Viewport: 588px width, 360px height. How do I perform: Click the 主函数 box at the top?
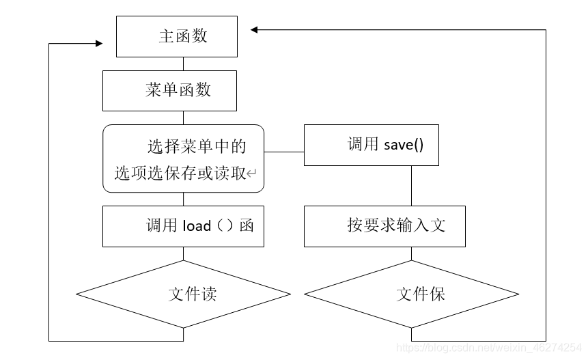pyautogui.click(x=177, y=37)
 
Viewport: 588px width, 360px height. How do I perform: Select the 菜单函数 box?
pyautogui.click(x=169, y=91)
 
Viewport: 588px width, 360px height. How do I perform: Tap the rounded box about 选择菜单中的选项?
pyautogui.click(x=183, y=158)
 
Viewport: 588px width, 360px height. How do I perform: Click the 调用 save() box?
pyautogui.click(x=371, y=145)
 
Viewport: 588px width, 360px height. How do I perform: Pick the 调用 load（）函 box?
pyautogui.click(x=183, y=226)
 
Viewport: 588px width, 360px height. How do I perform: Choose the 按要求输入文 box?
pyautogui.click(x=384, y=226)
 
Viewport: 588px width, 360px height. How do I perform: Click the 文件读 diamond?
pyautogui.click(x=183, y=294)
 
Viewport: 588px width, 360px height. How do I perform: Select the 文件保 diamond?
pyautogui.click(x=411, y=294)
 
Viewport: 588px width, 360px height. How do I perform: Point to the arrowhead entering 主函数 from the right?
pyautogui.click(x=254, y=29)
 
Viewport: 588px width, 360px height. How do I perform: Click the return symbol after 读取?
pyautogui.click(x=252, y=174)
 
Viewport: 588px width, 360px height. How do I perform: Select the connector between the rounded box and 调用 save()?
pyautogui.click(x=284, y=152)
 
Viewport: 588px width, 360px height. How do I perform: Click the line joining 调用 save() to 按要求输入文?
pyautogui.click(x=411, y=185)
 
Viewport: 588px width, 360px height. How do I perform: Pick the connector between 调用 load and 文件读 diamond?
pyautogui.click(x=183, y=253)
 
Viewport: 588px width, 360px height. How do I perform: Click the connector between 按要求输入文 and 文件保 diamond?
pyautogui.click(x=411, y=253)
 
